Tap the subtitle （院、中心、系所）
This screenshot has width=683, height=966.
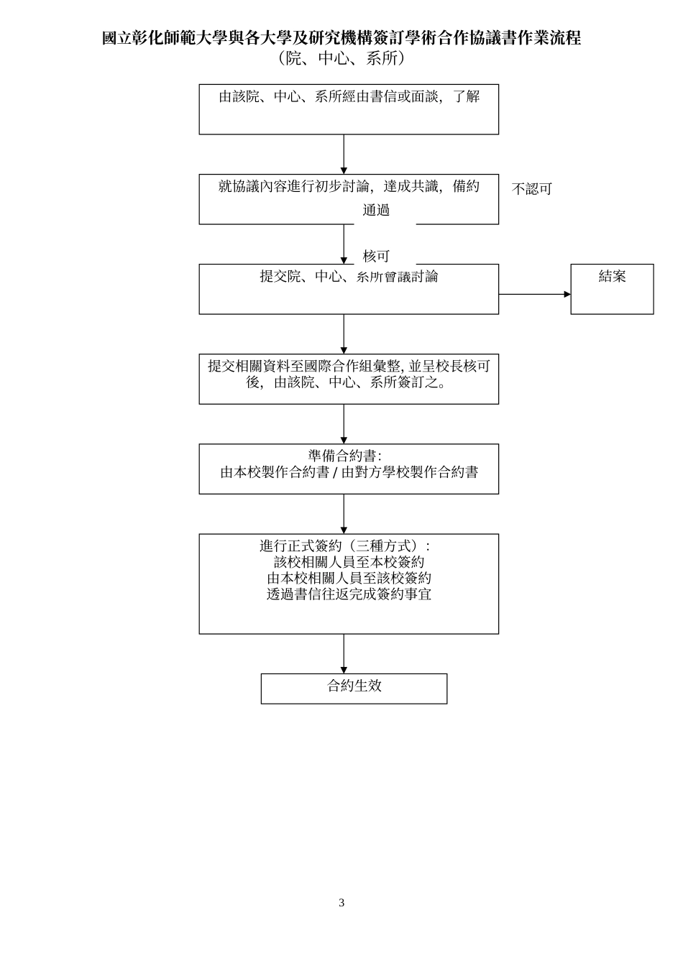coord(341,59)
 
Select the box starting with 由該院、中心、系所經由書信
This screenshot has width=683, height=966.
coord(349,109)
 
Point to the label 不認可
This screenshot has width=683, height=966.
coord(532,189)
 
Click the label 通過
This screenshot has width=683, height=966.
coord(376,211)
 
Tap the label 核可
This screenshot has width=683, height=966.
coord(376,256)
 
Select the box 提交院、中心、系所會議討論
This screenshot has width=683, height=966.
coord(349,289)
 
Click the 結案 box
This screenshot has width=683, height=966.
coord(612,289)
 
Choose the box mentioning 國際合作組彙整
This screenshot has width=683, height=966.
coord(349,379)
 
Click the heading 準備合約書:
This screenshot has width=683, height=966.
coord(344,456)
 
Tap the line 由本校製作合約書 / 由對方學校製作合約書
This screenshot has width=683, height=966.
coord(349,473)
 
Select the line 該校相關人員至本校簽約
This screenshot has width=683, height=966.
coord(349,562)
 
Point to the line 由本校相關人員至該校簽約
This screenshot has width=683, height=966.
coord(349,578)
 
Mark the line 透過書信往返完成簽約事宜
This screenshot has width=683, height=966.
coord(349,594)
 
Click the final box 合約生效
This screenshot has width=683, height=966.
coord(354,688)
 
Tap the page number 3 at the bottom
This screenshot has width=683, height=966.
coord(341,903)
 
